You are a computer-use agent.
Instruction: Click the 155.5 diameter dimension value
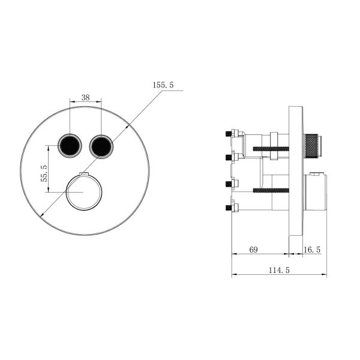163,86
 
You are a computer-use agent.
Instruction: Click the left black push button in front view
68,145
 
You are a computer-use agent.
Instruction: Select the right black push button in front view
100,145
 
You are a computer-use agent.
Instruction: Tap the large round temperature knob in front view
84,192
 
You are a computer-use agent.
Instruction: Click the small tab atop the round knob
84,175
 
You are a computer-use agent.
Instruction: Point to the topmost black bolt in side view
228,133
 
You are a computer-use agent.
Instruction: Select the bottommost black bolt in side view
228,208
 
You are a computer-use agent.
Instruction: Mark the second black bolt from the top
228,158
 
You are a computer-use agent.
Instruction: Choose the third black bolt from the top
228,183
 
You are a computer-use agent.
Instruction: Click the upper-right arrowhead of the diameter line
128,126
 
